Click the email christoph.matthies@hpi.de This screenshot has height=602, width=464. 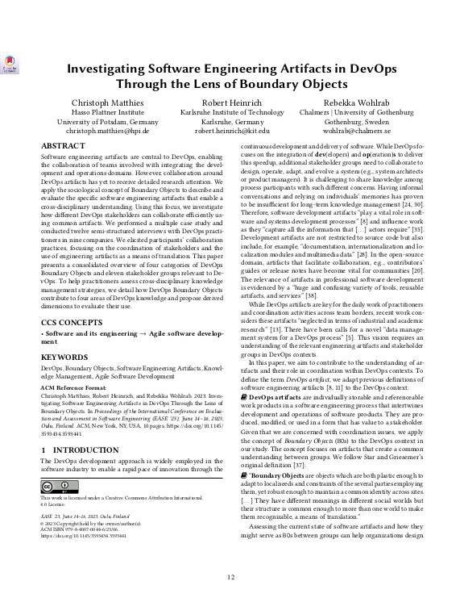107,131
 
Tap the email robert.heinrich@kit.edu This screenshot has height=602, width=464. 232,131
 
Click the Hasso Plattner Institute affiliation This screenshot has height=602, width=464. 107,111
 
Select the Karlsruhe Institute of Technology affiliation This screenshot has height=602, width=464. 232,111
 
